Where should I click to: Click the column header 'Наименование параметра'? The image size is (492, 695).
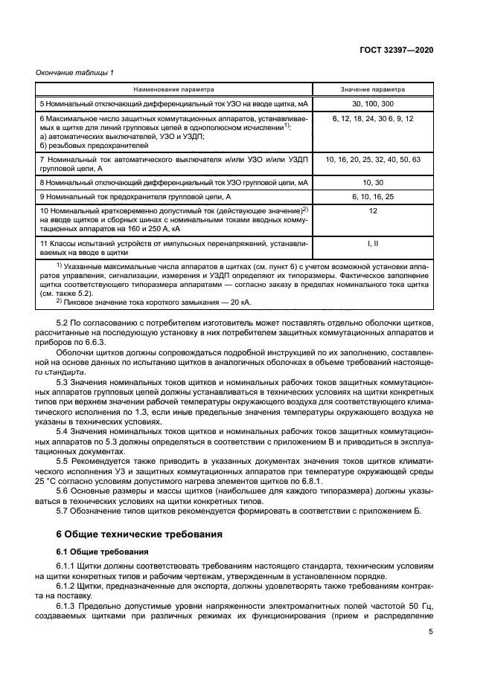174,89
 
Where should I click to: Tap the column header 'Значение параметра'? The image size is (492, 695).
373,89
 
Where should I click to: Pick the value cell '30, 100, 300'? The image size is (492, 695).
373,104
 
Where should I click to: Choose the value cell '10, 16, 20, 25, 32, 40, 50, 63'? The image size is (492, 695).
373,160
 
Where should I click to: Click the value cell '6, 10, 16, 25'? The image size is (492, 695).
373,196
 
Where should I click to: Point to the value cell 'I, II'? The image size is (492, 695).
373,243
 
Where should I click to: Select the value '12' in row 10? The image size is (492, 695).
373,212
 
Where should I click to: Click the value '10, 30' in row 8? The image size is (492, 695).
373,181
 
